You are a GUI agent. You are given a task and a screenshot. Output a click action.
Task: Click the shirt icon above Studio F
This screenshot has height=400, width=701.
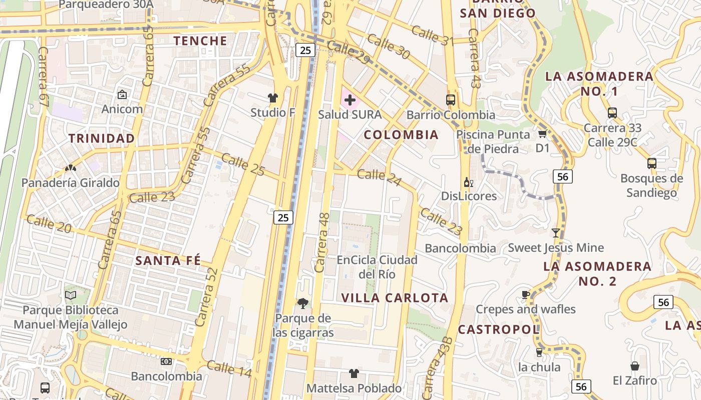(273, 97)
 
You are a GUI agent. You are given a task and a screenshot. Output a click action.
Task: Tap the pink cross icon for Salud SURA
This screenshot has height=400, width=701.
(350, 100)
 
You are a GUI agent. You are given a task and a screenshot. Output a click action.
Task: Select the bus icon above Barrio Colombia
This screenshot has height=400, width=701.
(451, 99)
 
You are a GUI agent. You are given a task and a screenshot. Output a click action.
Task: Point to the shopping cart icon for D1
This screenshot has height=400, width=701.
(542, 134)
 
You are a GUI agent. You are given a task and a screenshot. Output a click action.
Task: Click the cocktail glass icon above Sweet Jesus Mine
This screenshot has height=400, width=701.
(555, 232)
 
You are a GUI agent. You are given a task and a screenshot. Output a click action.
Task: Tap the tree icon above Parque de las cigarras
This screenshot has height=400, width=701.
(302, 303)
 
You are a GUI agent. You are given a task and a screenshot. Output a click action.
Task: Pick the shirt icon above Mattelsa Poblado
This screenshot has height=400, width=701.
(354, 373)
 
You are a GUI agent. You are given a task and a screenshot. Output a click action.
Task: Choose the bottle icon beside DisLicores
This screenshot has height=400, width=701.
(468, 182)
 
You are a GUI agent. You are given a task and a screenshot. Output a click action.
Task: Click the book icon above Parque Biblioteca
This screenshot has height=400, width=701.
(71, 295)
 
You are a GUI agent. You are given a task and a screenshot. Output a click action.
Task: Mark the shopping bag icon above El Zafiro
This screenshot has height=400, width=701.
(635, 366)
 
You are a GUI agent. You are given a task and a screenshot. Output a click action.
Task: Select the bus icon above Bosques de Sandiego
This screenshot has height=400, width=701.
(651, 163)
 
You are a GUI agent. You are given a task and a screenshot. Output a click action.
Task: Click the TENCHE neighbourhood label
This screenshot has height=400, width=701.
(200, 40)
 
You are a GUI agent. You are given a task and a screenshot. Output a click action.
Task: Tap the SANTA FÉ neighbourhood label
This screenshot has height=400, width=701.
(168, 260)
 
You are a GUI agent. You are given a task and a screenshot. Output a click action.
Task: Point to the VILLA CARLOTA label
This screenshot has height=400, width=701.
(395, 298)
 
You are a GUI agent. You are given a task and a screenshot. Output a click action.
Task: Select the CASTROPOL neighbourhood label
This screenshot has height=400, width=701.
(499, 329)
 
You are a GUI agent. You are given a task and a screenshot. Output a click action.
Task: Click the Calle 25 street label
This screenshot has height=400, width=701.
(243, 164)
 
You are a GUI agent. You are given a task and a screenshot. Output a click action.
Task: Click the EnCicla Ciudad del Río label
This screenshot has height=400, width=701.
(377, 267)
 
